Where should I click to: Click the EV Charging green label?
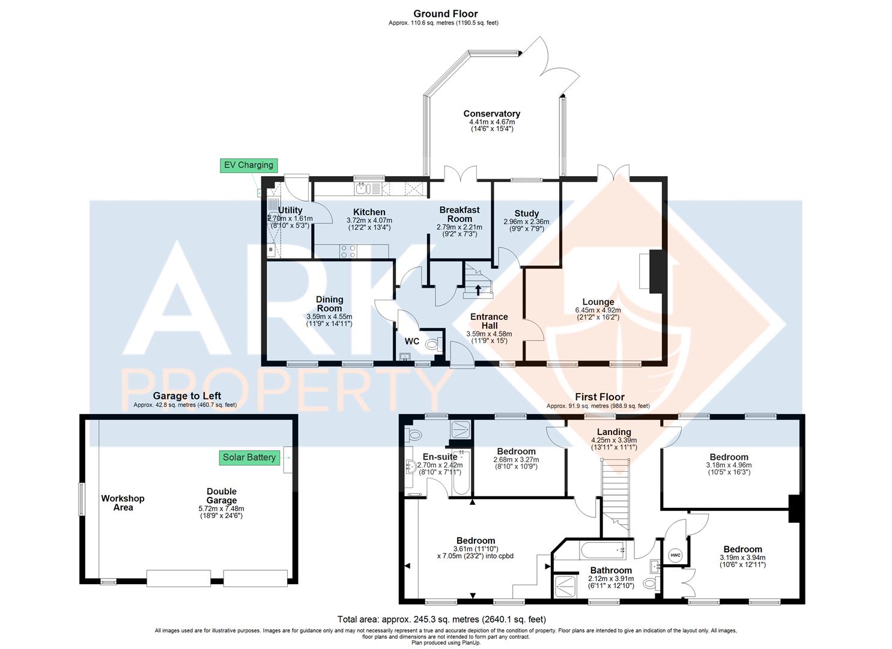point(249,165)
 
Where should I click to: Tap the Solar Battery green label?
point(249,457)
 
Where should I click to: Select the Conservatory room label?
point(491,114)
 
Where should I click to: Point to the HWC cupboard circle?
point(675,555)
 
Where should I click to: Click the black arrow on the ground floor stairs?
point(478,290)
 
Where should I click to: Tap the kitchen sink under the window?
point(362,189)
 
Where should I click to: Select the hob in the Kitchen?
point(348,251)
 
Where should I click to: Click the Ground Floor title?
point(445,13)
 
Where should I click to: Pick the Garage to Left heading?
point(187,395)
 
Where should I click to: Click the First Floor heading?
point(599,397)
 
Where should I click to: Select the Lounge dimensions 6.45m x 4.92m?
point(598,310)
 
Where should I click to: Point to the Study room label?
point(526,213)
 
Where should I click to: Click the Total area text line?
point(441,619)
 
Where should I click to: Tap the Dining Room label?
point(329,303)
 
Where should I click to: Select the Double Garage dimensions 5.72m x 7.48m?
point(222,508)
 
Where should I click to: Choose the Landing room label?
point(614,431)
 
